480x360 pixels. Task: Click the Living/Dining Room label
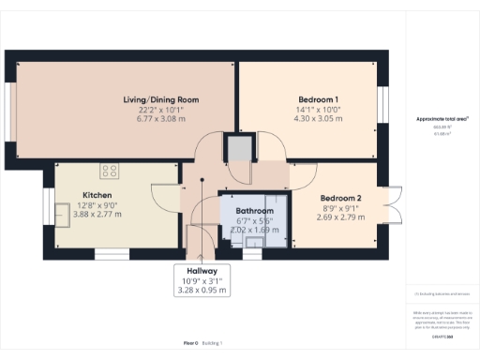tap(161, 99)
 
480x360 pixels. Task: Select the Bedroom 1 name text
tap(318, 99)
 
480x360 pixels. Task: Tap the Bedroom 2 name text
tap(340, 198)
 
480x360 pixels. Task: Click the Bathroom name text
tap(254, 211)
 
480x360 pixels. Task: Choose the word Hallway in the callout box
tap(202, 269)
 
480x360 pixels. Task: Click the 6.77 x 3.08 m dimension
tap(161, 119)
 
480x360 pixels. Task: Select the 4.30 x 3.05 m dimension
tap(318, 119)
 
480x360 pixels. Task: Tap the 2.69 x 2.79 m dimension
tap(340, 217)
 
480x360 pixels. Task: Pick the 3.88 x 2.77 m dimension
tap(97, 215)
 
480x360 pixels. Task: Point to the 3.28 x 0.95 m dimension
tap(202, 290)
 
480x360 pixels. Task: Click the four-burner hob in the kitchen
tap(111, 171)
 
